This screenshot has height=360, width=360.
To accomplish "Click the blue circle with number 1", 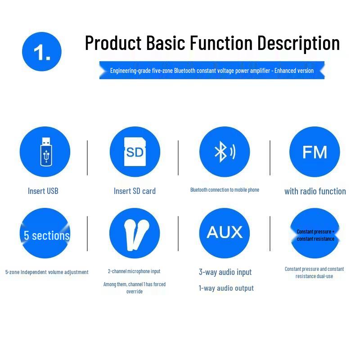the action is point(42,52).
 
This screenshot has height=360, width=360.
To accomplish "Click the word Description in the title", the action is point(298,43).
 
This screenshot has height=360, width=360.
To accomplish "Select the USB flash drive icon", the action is point(46,152).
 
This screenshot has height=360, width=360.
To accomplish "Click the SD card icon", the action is point(135,152).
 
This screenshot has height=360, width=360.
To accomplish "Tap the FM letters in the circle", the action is point(315,152).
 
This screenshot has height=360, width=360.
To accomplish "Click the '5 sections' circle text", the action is point(47,235).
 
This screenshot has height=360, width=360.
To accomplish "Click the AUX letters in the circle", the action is point(225,232).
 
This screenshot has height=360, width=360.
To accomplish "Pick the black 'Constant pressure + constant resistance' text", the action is point(315,235).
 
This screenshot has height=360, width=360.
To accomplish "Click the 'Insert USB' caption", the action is point(43,191).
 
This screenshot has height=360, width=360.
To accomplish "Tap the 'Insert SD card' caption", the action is point(135,191).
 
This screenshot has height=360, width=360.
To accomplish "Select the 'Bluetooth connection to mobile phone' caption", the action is point(225,190).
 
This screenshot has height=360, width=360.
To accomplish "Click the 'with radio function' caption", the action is point(315,191).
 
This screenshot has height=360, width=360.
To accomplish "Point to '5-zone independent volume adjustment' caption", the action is point(47,272).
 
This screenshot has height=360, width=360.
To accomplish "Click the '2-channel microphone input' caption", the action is point(134,271).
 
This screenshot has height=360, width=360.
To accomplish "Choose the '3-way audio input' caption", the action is point(225,272).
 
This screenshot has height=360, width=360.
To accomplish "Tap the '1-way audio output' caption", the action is point(226,288).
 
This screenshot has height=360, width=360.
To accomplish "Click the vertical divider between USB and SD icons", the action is point(87,158).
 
